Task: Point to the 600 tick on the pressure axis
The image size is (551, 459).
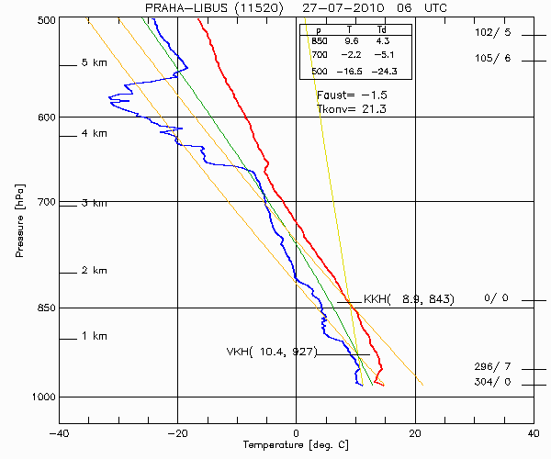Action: point(44,117)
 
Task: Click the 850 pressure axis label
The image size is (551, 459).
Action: point(44,308)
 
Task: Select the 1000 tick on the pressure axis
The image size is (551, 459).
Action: point(41,397)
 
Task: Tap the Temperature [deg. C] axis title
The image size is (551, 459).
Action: point(296,445)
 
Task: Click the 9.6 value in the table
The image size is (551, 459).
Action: point(351,42)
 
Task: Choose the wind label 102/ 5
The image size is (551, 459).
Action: point(492,33)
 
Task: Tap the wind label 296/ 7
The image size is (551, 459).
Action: point(492,367)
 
